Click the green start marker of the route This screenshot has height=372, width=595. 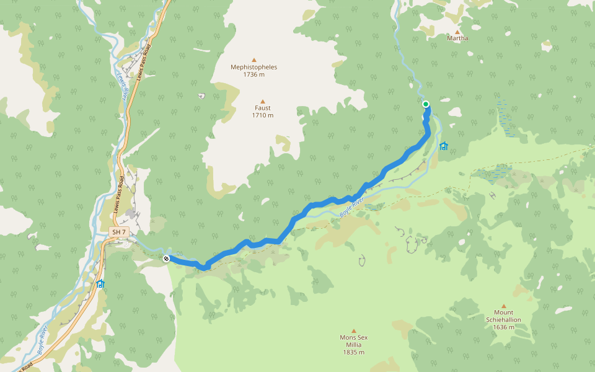point(426,104)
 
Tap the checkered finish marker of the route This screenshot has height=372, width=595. point(166,259)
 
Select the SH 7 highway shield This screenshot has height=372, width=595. point(118,232)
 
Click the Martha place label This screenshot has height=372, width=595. point(457,38)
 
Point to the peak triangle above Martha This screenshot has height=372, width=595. point(457,31)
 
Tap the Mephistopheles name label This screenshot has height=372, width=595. point(253,67)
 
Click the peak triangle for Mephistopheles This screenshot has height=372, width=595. point(253,59)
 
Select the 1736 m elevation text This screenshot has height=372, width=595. point(253,74)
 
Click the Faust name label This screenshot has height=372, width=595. point(262,108)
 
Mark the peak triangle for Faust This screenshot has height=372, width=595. point(262,101)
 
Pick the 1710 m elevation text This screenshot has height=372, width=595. point(262,115)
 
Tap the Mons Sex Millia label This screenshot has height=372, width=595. point(353,341)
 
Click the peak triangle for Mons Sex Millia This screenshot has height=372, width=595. point(354,330)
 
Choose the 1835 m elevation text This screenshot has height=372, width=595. point(353,352)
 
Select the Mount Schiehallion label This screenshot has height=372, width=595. point(503,316)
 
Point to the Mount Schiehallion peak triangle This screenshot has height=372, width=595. point(503,306)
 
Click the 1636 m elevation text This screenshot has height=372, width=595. point(503,327)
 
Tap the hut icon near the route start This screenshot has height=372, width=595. point(443,146)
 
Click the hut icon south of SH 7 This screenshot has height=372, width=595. point(100,284)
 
